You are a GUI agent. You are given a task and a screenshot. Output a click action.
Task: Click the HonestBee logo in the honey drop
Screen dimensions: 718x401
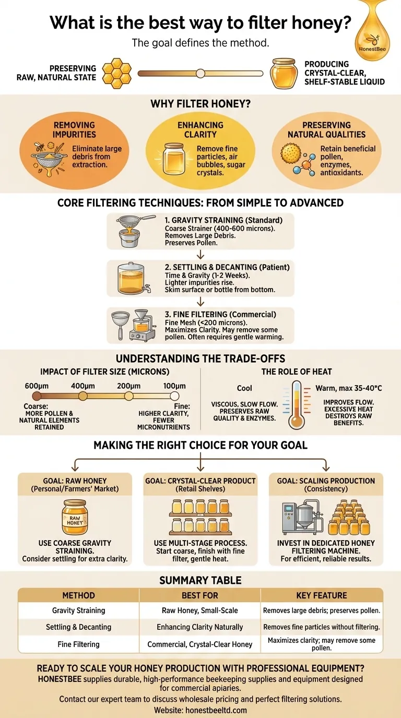coord(372,43)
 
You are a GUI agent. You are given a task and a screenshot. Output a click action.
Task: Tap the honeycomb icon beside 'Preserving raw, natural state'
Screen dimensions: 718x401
coord(116,73)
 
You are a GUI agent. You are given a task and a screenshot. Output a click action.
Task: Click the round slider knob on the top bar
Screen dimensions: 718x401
coord(200,74)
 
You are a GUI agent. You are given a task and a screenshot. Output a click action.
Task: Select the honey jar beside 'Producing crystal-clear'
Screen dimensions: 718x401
coord(284,73)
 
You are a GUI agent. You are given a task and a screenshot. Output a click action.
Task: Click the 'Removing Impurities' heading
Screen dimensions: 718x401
coord(74,130)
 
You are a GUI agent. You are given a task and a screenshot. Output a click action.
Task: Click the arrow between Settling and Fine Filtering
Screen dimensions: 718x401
coord(200,302)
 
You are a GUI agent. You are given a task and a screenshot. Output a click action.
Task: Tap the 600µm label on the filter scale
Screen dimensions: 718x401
coord(36,387)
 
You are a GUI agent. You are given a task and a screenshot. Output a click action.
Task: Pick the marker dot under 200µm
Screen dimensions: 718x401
coord(128,397)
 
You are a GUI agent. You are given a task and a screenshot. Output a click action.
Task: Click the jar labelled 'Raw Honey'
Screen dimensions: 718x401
coord(75,517)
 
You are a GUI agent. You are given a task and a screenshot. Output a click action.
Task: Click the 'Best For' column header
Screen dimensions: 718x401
coord(199,595)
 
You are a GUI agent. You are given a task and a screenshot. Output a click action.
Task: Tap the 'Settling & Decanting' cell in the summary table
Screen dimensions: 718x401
coord(78,627)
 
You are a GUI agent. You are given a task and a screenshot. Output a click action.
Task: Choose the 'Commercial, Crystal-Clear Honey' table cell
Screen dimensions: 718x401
coord(199,644)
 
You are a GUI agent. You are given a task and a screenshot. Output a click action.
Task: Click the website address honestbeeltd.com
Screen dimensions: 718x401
coord(200,710)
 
